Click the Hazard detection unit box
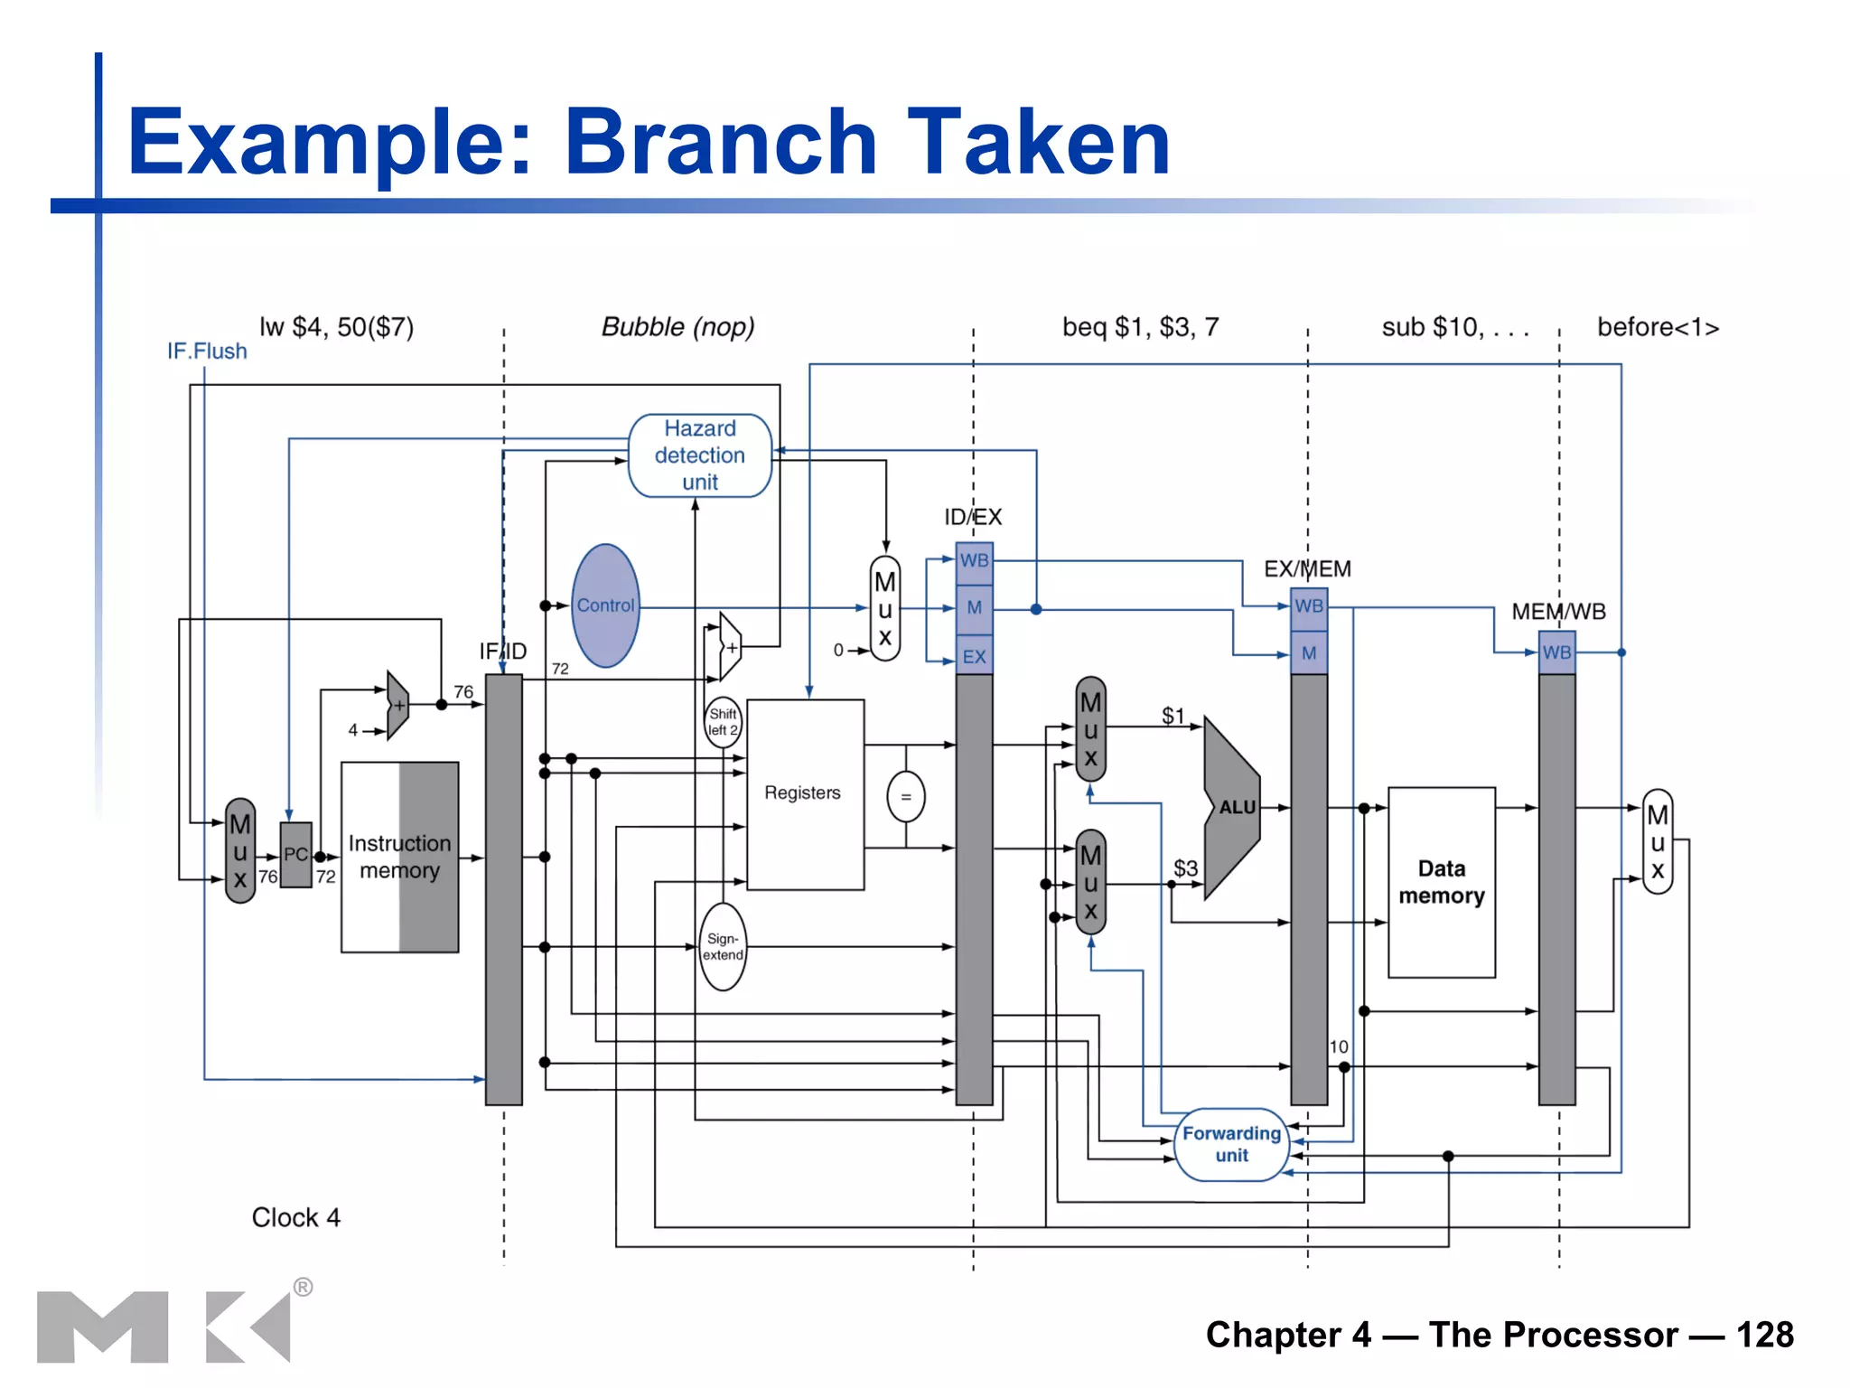[700, 455]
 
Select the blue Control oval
[605, 605]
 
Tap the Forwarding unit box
[1232, 1144]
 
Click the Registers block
[804, 793]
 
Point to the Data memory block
[1442, 882]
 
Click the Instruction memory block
[399, 857]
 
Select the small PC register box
[295, 855]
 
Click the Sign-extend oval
[723, 947]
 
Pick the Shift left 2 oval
[723, 722]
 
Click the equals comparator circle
[906, 797]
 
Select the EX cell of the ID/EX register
[974, 657]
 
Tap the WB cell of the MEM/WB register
[1556, 652]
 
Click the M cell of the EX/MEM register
[1309, 653]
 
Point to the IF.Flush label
[207, 351]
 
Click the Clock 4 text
[295, 1217]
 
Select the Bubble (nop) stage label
[677, 326]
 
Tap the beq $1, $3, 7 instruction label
[1140, 326]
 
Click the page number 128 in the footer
[1764, 1335]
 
